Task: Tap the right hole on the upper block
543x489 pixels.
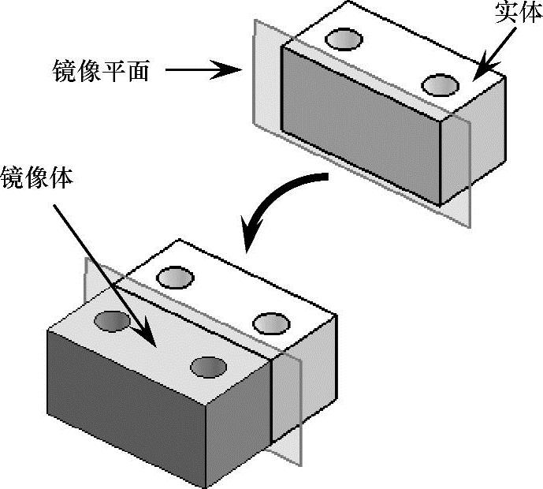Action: coord(440,84)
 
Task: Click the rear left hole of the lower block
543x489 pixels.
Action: coord(175,277)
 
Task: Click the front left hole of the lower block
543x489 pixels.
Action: coord(113,320)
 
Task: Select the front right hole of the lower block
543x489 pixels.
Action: coord(208,368)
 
